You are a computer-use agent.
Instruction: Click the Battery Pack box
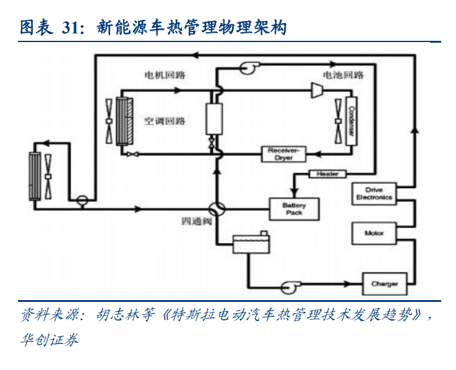[x=294, y=209]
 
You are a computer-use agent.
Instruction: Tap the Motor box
[x=374, y=233]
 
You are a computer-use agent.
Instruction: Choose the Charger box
[x=384, y=284]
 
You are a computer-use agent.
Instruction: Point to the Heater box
[x=327, y=174]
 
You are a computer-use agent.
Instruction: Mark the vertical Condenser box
[x=351, y=120]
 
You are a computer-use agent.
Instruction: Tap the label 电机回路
[x=165, y=75]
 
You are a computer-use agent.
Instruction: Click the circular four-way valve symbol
[x=217, y=209]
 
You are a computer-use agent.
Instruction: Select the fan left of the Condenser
[x=338, y=119]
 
